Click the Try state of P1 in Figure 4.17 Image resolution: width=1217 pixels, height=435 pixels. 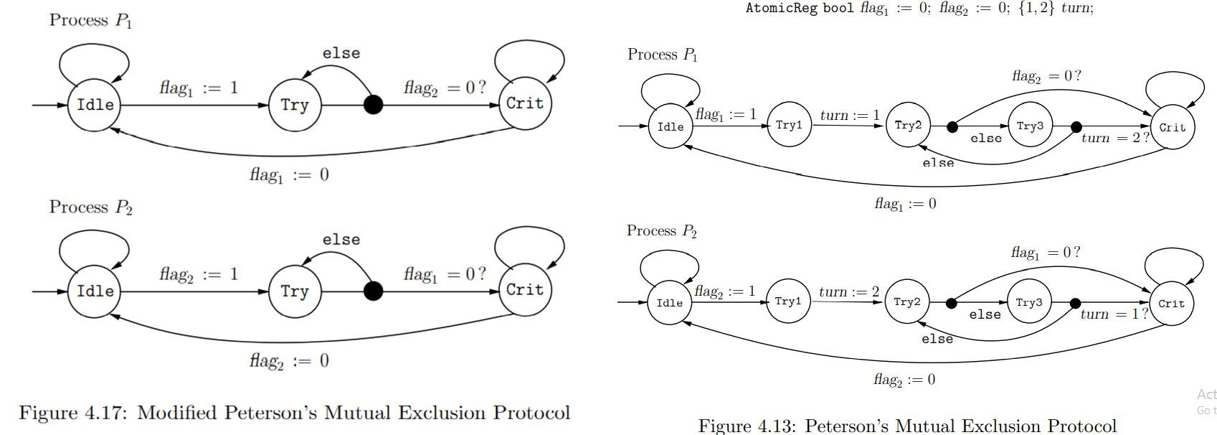294,106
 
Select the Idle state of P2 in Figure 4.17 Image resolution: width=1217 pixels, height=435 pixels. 95,291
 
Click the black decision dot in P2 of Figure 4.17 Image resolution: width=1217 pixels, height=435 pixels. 373,291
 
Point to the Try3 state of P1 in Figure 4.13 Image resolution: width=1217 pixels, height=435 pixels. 1030,126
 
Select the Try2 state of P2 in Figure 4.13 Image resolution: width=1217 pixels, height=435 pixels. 906,302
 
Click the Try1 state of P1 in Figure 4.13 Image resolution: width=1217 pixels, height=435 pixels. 789,126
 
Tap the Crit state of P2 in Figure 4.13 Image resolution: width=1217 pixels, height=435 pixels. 1171,304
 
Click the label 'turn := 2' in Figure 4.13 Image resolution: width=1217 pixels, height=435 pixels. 849,291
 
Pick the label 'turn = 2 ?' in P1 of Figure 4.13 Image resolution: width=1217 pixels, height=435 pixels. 1114,138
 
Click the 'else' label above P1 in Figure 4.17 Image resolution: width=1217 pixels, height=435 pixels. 341,53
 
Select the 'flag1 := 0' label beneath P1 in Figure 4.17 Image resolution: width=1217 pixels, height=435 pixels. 289,174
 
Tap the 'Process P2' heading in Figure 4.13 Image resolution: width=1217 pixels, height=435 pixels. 661,231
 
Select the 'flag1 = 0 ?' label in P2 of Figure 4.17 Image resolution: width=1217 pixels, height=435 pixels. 445,274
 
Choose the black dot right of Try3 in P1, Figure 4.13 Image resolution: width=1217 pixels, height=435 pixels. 1076,127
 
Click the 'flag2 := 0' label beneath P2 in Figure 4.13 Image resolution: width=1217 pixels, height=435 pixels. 904,380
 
